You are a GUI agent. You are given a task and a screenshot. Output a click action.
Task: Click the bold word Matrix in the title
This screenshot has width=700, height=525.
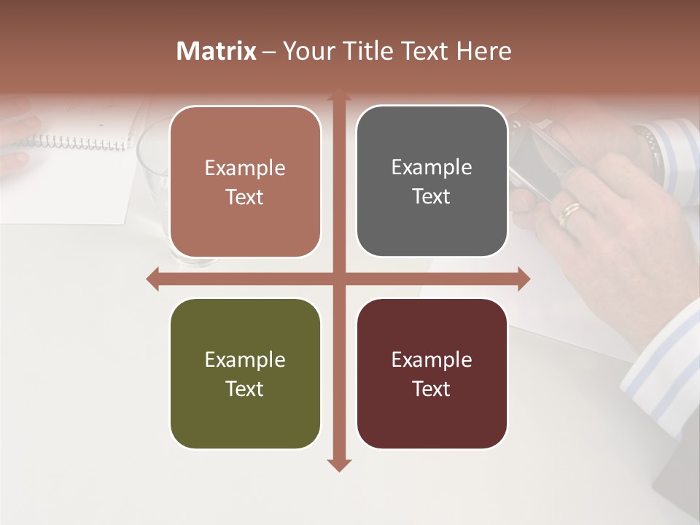(217, 51)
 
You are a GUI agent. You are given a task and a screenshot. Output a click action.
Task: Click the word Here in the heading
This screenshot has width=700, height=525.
(483, 51)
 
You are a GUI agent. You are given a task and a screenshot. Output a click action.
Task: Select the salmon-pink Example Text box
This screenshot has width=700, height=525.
(245, 182)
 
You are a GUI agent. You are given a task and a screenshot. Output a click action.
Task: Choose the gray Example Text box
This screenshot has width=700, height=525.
(432, 182)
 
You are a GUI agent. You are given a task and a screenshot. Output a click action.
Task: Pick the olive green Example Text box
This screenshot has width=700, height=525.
(245, 374)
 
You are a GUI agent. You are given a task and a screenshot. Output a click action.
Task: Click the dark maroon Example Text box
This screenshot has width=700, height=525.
(432, 374)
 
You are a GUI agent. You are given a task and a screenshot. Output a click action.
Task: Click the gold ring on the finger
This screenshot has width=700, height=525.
(570, 214)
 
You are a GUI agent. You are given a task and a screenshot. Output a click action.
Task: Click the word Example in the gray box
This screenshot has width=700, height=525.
(432, 167)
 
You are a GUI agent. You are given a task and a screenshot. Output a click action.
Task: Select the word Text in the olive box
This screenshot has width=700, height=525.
(245, 389)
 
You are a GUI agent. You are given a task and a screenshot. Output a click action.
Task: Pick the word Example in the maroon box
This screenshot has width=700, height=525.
(432, 359)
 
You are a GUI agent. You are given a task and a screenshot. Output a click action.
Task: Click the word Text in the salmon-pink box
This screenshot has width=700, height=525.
(245, 197)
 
